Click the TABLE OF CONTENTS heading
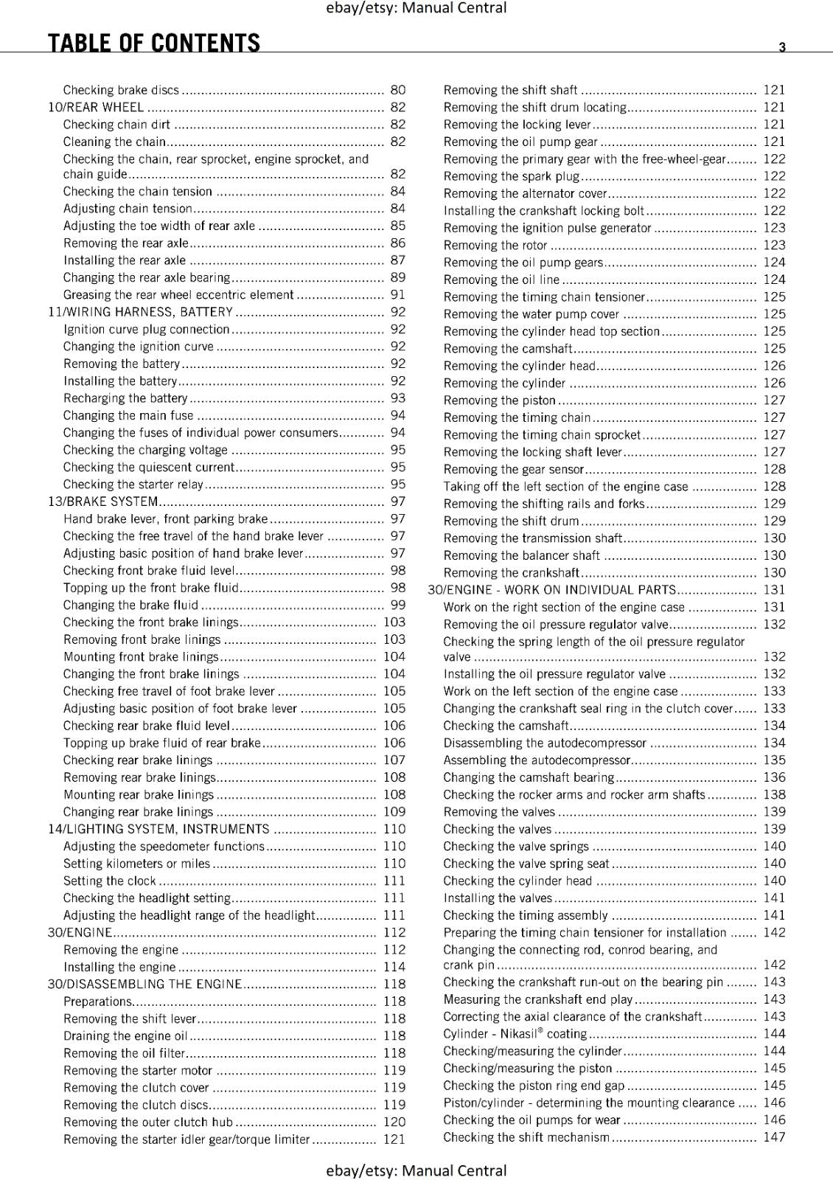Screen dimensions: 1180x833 (x=154, y=43)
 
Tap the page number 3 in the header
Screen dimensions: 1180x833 (x=782, y=47)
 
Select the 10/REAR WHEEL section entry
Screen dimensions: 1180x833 (x=96, y=107)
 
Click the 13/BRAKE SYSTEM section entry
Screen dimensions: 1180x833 (x=103, y=502)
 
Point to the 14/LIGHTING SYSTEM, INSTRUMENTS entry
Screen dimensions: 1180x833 (x=158, y=829)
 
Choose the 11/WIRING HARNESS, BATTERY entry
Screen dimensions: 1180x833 (x=140, y=312)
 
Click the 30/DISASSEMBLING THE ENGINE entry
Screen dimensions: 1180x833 (x=144, y=984)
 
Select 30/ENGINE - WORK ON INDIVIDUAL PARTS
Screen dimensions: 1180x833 (x=552, y=590)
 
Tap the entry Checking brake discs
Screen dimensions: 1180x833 (x=121, y=90)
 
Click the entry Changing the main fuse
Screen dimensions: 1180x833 (x=128, y=415)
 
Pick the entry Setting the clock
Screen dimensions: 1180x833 (x=110, y=881)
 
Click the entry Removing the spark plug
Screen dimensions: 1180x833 (x=512, y=176)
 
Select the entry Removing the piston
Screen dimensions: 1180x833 (x=499, y=400)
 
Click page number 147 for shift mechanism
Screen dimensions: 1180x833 (x=774, y=1137)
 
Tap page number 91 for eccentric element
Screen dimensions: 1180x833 (x=398, y=295)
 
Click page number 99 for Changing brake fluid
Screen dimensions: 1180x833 (x=398, y=605)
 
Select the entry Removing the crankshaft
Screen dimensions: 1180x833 (x=512, y=573)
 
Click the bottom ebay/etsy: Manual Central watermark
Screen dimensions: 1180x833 (x=416, y=1170)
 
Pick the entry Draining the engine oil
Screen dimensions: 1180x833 (x=125, y=1035)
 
